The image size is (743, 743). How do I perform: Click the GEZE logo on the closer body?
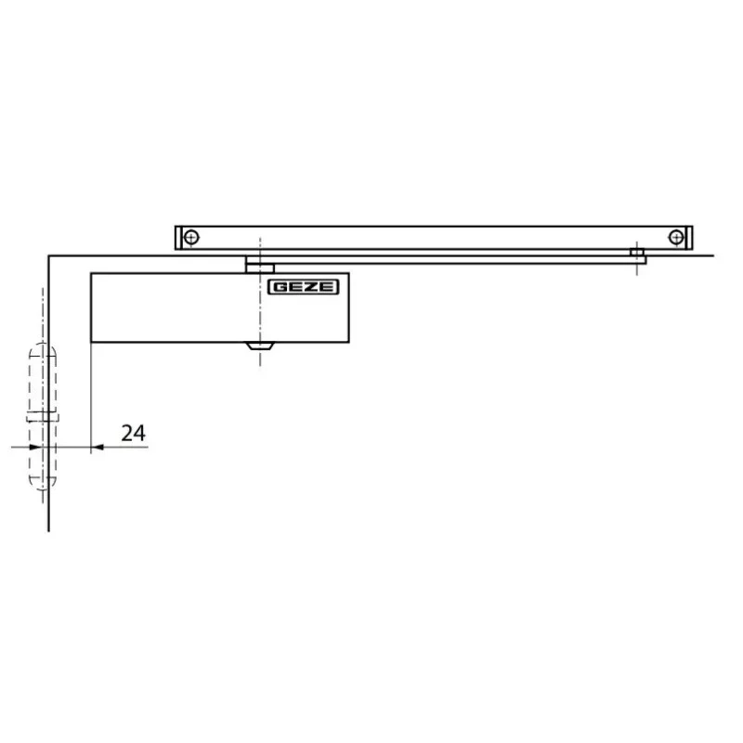coord(304,287)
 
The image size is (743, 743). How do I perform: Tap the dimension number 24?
coord(133,433)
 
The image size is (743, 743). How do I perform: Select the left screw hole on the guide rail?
coord(191,237)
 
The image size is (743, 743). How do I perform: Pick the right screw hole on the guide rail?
coord(676,237)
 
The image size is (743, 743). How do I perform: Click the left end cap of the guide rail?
coord(178,238)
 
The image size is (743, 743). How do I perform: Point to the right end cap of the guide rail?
coord(689,238)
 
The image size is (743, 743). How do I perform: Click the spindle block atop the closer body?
coord(260,267)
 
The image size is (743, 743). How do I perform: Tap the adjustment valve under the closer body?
coord(260,345)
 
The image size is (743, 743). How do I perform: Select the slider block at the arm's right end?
coord(637,252)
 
